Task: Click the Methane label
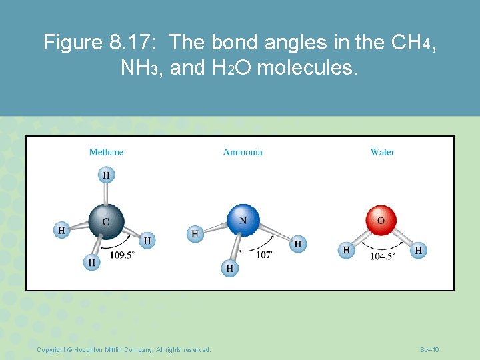106,152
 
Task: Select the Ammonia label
243,152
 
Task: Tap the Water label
382,152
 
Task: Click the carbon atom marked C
107,221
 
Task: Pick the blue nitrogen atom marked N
243,221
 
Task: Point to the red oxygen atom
381,221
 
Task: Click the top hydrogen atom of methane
106,175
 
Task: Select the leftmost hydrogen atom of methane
61,230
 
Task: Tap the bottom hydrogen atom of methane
91,263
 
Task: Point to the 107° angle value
265,255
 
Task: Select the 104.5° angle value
383,256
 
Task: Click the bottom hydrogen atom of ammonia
229,268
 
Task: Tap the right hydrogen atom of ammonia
297,244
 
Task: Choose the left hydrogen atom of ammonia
195,233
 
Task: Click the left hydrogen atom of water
346,250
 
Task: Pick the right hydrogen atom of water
418,250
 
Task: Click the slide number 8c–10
429,350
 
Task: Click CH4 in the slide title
415,43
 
